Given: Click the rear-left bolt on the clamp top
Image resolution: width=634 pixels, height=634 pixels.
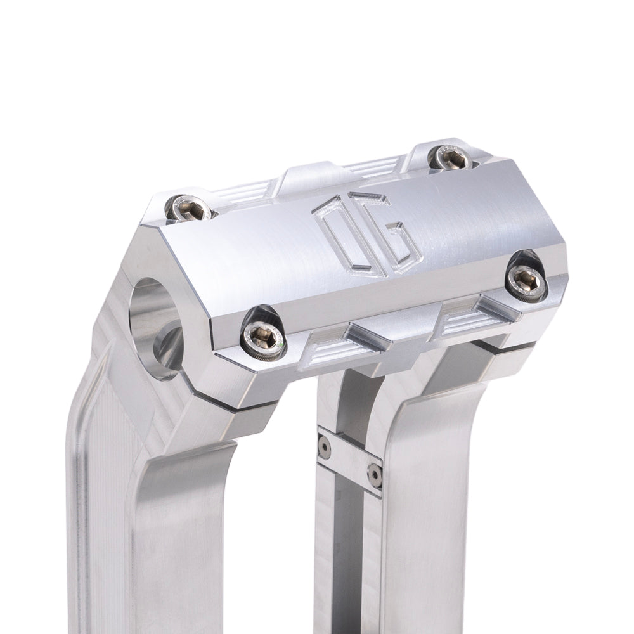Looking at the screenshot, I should pyautogui.click(x=190, y=207).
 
